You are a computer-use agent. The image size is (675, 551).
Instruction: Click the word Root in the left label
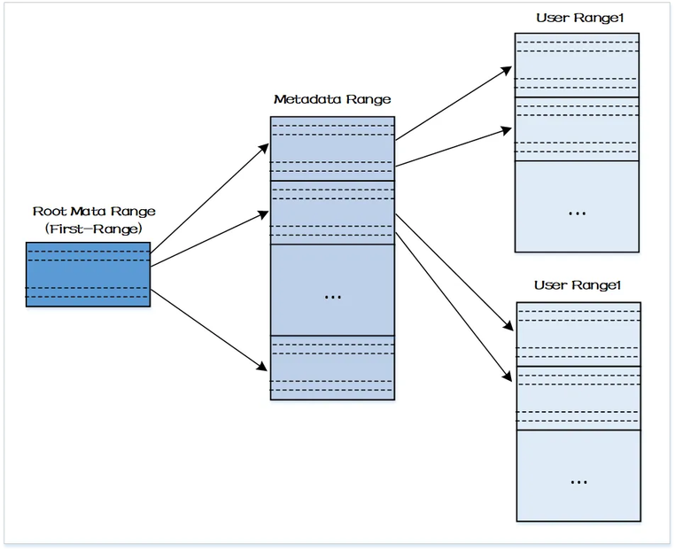pos(50,212)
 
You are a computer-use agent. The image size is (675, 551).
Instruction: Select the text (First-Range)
pos(93,229)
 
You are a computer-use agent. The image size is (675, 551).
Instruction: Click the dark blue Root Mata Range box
pos(89,275)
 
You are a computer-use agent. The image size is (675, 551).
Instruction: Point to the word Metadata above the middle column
pos(307,99)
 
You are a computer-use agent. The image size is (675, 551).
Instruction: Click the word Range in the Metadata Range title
pos(369,99)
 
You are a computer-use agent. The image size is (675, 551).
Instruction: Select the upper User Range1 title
pos(580,18)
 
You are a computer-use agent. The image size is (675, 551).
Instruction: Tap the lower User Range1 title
pos(578,285)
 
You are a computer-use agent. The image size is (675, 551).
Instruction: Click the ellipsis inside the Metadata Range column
pos(333,298)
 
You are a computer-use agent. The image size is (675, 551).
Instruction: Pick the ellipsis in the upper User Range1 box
pos(577,213)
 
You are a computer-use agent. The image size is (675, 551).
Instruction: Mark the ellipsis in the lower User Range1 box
pos(578,483)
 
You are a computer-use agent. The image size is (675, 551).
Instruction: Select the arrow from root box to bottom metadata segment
pos(209,330)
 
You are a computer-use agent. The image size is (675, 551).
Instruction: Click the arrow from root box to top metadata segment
pos(210,198)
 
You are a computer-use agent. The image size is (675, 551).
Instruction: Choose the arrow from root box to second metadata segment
pos(210,238)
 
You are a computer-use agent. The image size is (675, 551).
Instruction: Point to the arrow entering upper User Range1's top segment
pos(454,104)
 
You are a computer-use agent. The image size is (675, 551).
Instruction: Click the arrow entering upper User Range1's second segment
pos(454,147)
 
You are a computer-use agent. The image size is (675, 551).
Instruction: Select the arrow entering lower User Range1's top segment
pos(454,273)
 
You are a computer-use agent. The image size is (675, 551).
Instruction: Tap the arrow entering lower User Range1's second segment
pos(454,307)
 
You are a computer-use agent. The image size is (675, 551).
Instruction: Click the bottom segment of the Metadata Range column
pos(332,368)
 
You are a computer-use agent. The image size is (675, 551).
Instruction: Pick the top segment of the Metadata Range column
pos(332,149)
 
